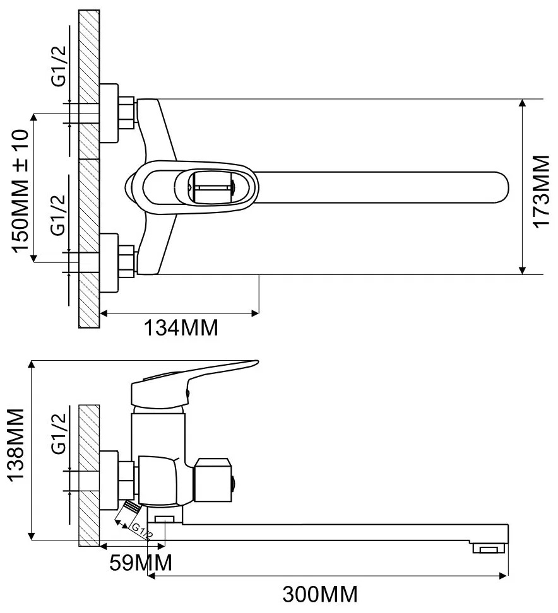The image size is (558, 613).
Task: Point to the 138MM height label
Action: coord(16,447)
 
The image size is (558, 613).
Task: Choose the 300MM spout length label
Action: coord(320,594)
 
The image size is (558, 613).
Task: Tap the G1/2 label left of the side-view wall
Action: coord(59,435)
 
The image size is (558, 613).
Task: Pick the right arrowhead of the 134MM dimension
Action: coord(256,312)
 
